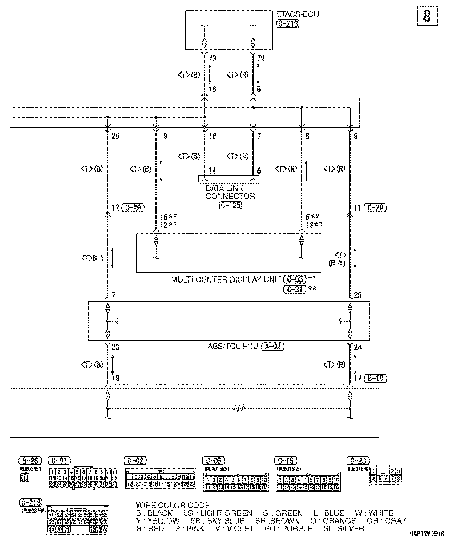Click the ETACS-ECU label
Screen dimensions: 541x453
pos(297,14)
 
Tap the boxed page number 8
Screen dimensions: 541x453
pos(427,16)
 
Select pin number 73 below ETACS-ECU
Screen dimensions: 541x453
pos(212,58)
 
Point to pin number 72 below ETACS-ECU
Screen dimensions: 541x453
pos(261,58)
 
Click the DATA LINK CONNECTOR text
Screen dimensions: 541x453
pos(230,192)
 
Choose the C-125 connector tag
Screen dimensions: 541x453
pos(231,205)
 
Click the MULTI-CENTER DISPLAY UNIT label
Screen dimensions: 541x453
pos(226,279)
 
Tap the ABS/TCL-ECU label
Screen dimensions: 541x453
pos(233,346)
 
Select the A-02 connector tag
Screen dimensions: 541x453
pos(273,346)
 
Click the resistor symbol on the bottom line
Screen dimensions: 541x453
pos(239,408)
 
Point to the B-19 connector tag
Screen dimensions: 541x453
pos(375,378)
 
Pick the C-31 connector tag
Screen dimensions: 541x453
pos(295,289)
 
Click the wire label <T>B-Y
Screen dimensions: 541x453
pos(93,258)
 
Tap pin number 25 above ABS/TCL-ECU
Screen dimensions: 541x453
pos(358,295)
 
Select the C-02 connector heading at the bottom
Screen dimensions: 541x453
pos(135,461)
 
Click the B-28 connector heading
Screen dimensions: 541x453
pos(30,461)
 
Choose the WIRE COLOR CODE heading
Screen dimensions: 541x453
pos(173,505)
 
